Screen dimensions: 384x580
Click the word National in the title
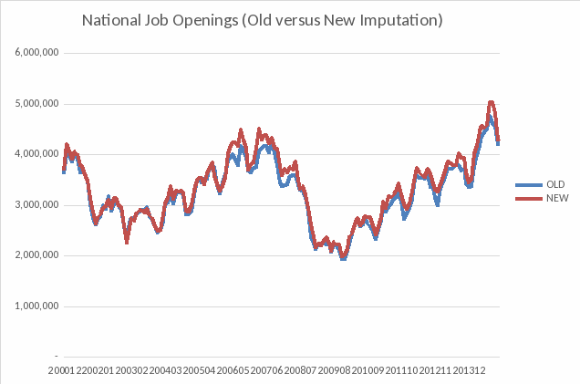110,19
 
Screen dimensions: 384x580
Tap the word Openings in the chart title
198,19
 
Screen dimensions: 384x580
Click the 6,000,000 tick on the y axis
37,53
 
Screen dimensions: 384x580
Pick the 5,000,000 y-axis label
37,104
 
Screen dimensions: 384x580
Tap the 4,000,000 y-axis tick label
37,154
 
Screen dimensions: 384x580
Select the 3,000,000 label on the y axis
37,205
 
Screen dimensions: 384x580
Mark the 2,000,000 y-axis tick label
37,255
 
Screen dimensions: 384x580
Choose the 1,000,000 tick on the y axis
37,306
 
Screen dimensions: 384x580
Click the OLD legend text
555,184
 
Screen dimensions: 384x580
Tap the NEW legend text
556,198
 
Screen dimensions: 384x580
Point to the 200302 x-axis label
132,371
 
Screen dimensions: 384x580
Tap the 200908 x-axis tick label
335,371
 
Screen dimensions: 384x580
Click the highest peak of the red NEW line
492,102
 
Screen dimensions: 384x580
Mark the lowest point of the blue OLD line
343,258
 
